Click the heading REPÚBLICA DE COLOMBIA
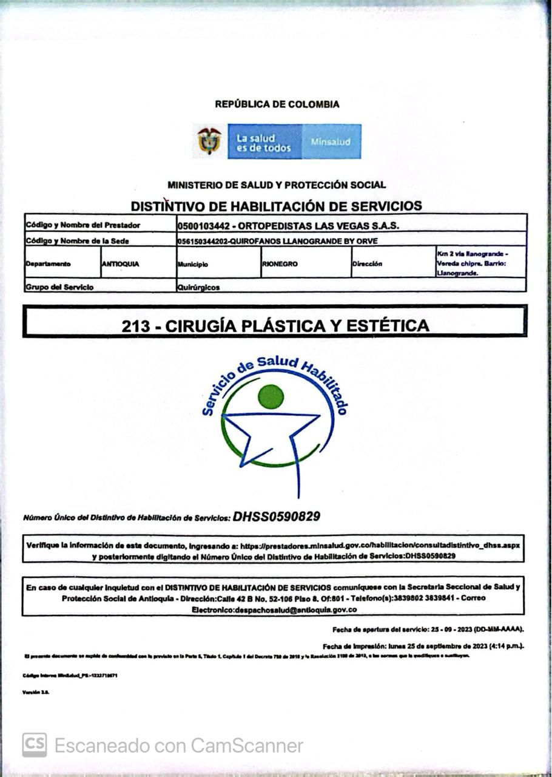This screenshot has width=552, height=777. pos(277,104)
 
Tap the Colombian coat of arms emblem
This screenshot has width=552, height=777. pos(209,141)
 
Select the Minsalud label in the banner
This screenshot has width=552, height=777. pos(331,141)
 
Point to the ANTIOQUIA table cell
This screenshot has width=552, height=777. pos(121,264)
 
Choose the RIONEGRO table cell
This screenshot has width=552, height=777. pos(280,264)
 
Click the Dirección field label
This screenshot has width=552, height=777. pos(367,264)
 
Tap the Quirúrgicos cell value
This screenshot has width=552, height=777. pos(198,288)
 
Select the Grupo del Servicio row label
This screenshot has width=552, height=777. pos(59,287)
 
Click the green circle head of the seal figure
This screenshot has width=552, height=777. pos(271,397)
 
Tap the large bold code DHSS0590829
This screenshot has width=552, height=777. pos(277,517)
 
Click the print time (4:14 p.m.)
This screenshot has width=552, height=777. pos(500,646)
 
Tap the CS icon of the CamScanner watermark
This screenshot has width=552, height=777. pos(35,745)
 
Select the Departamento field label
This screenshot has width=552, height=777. pos(48,264)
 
